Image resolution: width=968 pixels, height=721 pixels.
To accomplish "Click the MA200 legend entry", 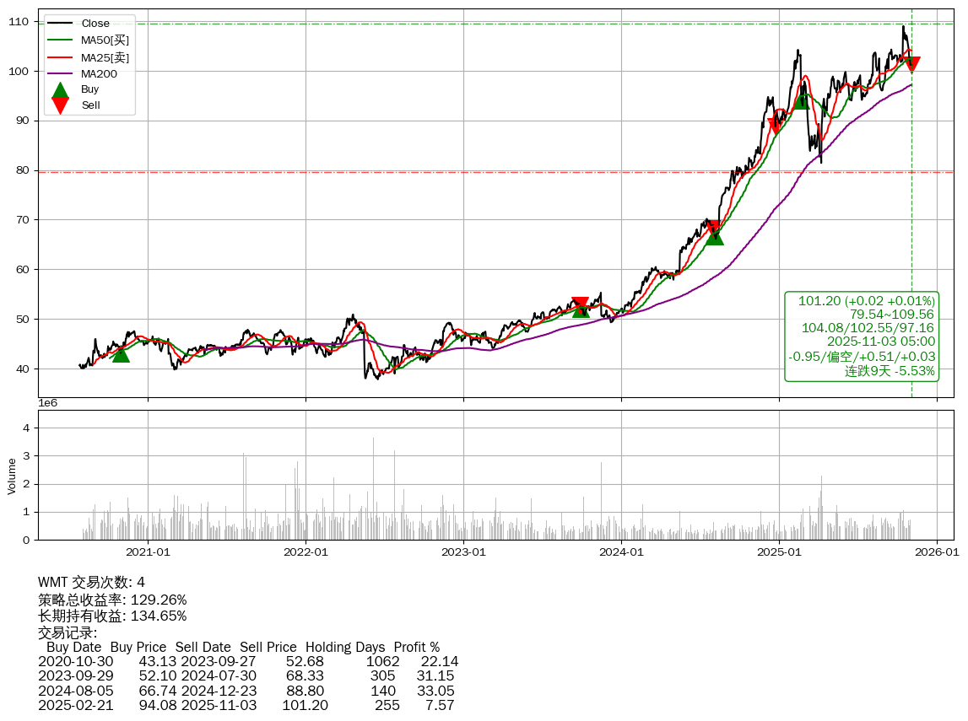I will (x=99, y=73).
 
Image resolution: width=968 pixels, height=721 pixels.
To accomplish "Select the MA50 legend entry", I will (x=105, y=40).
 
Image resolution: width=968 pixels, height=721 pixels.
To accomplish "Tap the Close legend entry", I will (x=95, y=24).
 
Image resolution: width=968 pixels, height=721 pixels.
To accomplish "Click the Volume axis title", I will (x=12, y=476).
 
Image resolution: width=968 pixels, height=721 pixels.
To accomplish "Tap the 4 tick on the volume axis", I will (x=26, y=428).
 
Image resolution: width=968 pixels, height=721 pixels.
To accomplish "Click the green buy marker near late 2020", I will (x=121, y=354).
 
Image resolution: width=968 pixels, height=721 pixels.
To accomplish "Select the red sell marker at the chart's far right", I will (x=911, y=64).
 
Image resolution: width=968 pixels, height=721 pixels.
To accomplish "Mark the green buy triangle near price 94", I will (x=802, y=100).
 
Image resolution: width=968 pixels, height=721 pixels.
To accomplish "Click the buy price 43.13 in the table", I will (x=157, y=662).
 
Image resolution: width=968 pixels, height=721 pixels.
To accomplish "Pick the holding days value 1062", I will (x=382, y=662).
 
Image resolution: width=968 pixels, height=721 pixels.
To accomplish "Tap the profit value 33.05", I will (x=435, y=691).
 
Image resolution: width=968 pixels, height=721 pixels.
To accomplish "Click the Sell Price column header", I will (x=268, y=648).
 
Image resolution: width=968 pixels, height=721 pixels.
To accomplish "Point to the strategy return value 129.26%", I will (x=159, y=600).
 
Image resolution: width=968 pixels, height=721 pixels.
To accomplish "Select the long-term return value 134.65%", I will (x=159, y=616).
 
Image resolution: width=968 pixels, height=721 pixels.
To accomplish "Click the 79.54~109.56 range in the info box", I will (x=892, y=315).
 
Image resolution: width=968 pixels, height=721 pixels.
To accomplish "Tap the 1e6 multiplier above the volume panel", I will (x=48, y=403).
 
